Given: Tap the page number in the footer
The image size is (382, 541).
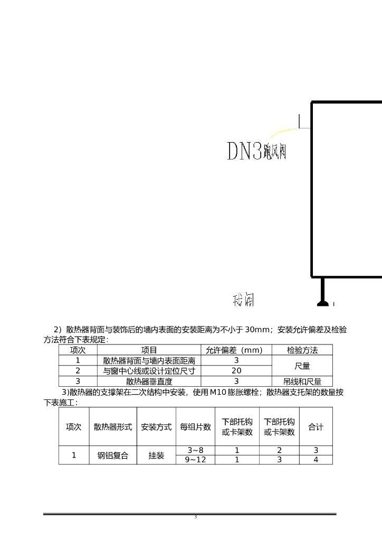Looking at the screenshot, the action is pos(196,517).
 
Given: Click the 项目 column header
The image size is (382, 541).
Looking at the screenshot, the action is pos(149,350).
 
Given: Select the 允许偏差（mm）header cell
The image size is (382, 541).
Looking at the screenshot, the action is pos(236,350).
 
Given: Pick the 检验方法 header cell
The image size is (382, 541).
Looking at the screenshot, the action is pos(302,350).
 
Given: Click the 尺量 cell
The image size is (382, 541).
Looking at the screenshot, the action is pos(302,366).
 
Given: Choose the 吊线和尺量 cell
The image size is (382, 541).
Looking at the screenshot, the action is pos(302,381).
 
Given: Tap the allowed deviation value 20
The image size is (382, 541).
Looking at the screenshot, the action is pos(236,371).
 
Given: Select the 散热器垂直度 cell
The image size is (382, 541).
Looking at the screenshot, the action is pos(149,381).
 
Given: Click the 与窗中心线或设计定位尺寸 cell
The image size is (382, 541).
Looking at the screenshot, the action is pos(149,371).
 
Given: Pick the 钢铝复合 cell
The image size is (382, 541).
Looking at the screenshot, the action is pos(113,455).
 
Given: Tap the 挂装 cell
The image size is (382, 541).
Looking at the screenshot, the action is pos(156,455).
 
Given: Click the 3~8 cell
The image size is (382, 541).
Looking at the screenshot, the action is pos(195,450).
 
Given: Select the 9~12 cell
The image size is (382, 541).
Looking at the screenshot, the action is pos(195,460).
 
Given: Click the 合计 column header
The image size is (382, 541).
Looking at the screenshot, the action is pos(316,427).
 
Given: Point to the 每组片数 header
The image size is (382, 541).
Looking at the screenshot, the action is pos(195,427).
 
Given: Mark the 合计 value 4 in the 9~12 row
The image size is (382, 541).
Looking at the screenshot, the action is pos(316,460).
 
